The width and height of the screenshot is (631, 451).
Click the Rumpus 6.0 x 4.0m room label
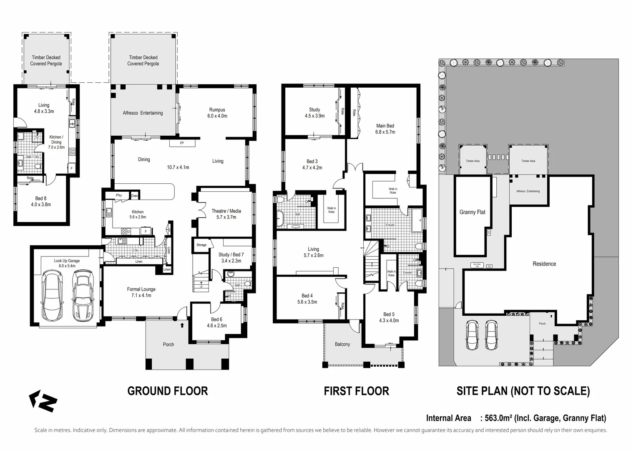tap(217, 113)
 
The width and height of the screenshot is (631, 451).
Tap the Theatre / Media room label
tap(226, 214)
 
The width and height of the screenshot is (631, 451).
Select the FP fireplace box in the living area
tap(182, 143)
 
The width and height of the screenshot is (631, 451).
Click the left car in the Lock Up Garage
tap(52, 296)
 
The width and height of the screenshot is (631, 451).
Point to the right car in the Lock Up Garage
tap(83, 296)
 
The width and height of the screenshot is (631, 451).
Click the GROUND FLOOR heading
tap(167, 391)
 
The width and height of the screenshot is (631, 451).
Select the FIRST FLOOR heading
tap(356, 391)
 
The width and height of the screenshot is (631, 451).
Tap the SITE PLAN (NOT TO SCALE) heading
tap(523, 391)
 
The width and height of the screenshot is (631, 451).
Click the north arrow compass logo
tap(43, 401)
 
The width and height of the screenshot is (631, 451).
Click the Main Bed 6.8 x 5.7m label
tap(385, 129)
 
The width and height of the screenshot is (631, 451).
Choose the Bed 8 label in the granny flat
tap(40, 201)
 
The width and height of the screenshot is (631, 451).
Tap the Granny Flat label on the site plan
tap(472, 212)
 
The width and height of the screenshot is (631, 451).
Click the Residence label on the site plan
tap(544, 264)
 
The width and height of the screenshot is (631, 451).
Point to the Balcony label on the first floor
tap(342, 344)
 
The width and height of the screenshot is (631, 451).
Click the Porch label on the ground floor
tap(168, 345)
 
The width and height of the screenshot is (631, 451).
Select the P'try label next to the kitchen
tap(119, 195)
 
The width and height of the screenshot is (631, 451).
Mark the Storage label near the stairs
tap(201, 245)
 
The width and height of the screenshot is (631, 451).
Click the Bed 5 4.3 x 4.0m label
tap(389, 317)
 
